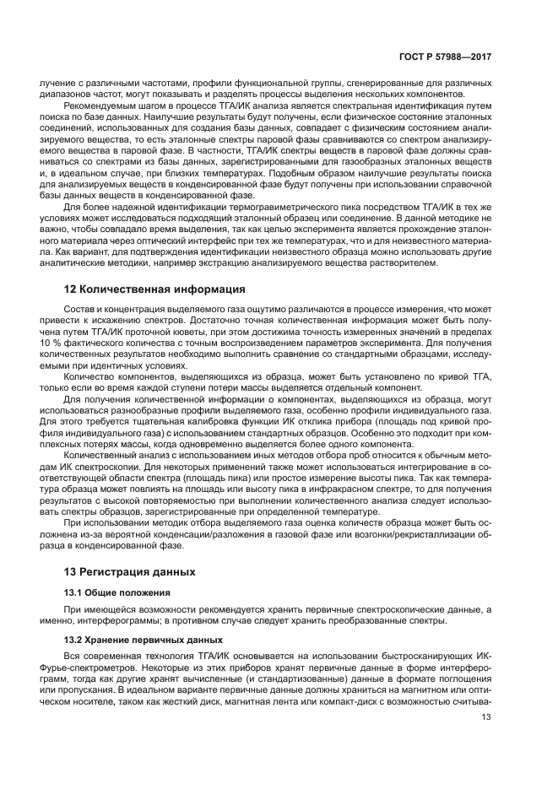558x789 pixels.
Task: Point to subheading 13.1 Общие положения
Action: click(x=117, y=592)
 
